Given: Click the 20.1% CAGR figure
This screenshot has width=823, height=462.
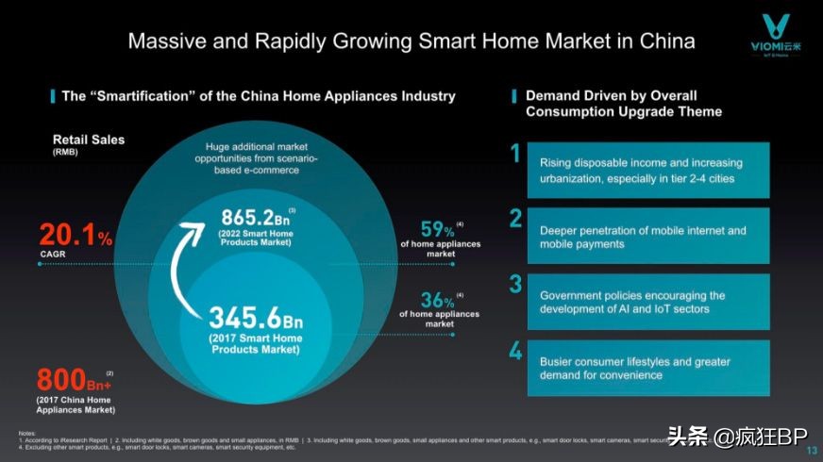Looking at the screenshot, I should point(76,237).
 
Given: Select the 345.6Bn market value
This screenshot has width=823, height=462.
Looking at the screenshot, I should point(256,316).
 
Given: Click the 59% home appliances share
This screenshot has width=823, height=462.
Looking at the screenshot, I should point(438,229).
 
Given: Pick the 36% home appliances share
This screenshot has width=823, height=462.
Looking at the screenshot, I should point(437,301).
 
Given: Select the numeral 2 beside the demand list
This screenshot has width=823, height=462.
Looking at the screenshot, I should point(516,219).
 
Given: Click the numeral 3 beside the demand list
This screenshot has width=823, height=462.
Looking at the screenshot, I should point(516,285).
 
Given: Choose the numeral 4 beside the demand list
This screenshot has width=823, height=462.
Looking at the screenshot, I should point(516,351).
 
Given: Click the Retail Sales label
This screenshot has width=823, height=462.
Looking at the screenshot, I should point(88,140).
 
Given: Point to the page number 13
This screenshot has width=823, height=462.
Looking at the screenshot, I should point(811,450).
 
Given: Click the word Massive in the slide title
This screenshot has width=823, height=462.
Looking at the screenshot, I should point(165,41).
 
